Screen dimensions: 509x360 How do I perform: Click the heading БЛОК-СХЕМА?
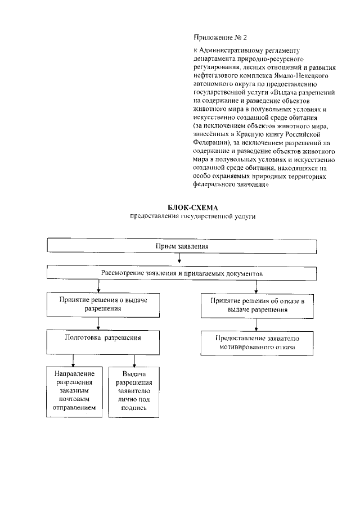click(180, 208)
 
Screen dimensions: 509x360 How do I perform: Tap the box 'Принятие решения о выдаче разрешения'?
click(99, 305)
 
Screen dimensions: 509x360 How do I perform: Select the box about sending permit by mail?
click(74, 391)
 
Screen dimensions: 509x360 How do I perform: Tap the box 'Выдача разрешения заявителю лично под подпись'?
click(133, 391)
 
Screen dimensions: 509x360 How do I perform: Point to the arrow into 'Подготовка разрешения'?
click(99, 323)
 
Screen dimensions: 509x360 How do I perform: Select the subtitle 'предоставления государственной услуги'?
click(180, 217)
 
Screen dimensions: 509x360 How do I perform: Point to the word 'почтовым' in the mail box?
click(74, 399)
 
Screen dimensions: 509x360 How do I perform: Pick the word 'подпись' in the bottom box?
click(133, 407)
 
